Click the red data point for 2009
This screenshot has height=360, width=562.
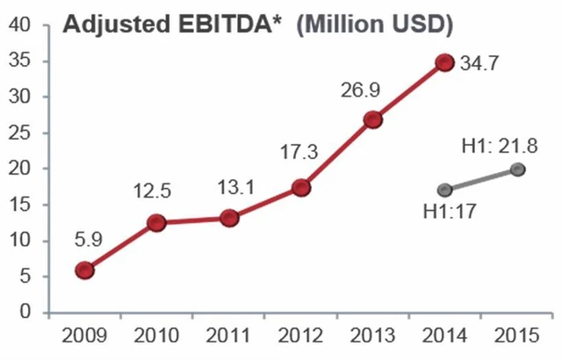pos(84,270)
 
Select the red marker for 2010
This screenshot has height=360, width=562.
pos(157,223)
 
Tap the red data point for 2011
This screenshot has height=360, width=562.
pos(229,218)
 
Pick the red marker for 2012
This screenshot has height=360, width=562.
pos(301,188)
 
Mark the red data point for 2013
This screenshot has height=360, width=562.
pos(373,119)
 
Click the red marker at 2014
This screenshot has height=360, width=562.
pos(445,62)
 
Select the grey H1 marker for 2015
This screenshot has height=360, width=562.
pos(517,169)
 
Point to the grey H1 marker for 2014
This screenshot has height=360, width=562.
pos(445,191)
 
